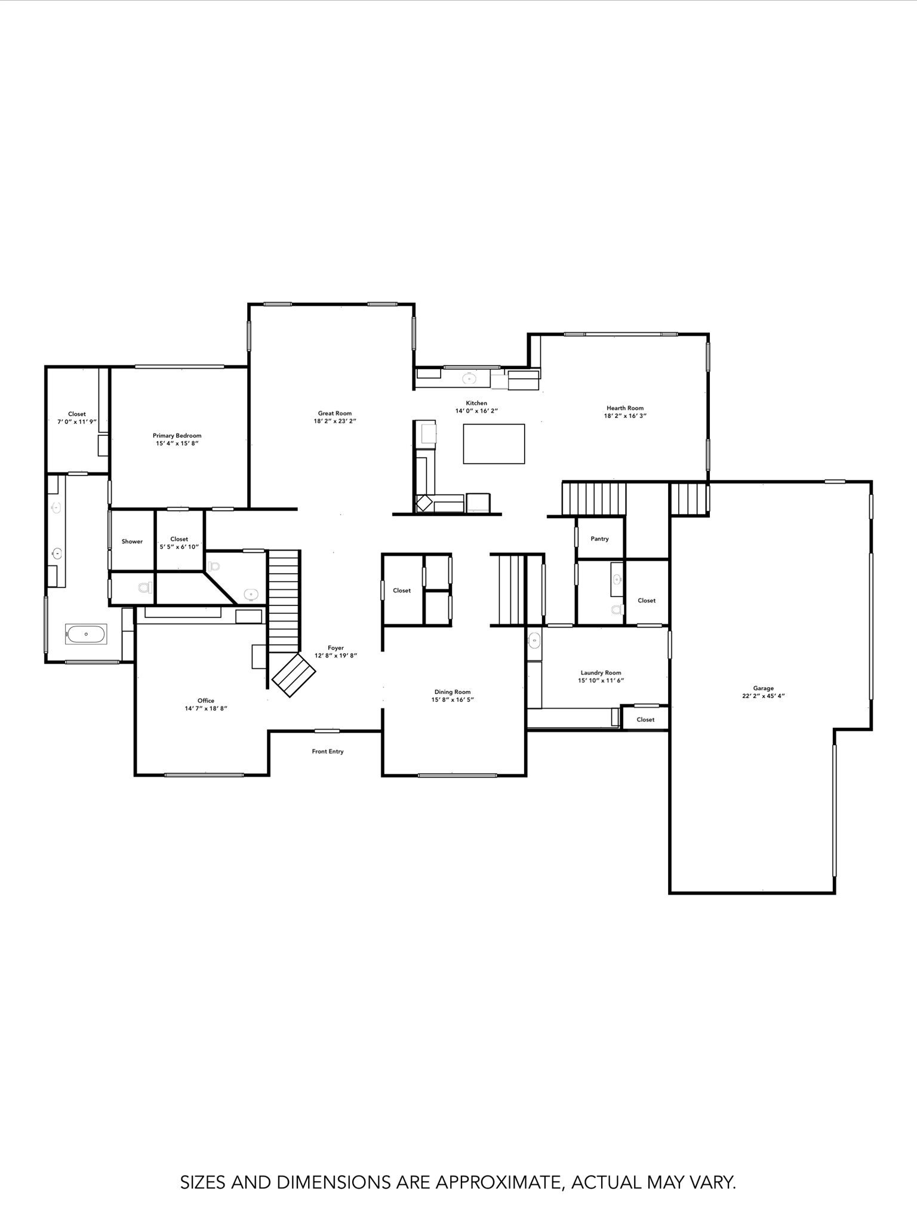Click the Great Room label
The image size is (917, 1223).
334,413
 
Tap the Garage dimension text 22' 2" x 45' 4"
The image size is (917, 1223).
763,696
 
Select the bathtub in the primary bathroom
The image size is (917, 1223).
87,634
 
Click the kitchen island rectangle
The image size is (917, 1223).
494,444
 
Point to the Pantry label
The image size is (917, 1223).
599,539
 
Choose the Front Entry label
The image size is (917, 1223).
328,751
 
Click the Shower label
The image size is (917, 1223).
132,542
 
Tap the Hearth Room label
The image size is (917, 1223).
625,408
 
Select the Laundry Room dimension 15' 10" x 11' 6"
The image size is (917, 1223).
601,680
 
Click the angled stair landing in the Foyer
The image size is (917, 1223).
294,675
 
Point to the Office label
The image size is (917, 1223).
206,700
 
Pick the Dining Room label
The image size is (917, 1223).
453,692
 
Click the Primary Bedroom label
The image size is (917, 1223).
177,436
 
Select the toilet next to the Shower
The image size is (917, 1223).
144,588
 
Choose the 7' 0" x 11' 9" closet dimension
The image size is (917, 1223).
77,422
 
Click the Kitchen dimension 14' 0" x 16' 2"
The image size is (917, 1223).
476,411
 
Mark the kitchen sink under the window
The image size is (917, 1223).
470,379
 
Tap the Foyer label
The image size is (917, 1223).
336,648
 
